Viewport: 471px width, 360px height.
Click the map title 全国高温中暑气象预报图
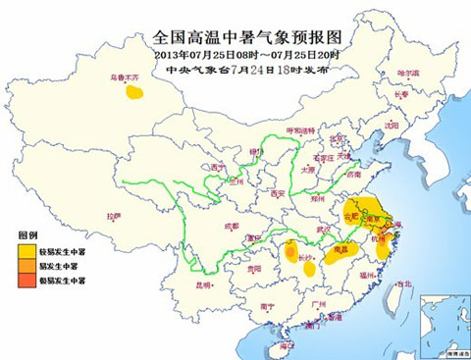[x=238, y=36]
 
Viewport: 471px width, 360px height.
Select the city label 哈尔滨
[x=407, y=74]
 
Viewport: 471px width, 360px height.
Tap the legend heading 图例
[x=26, y=236]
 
